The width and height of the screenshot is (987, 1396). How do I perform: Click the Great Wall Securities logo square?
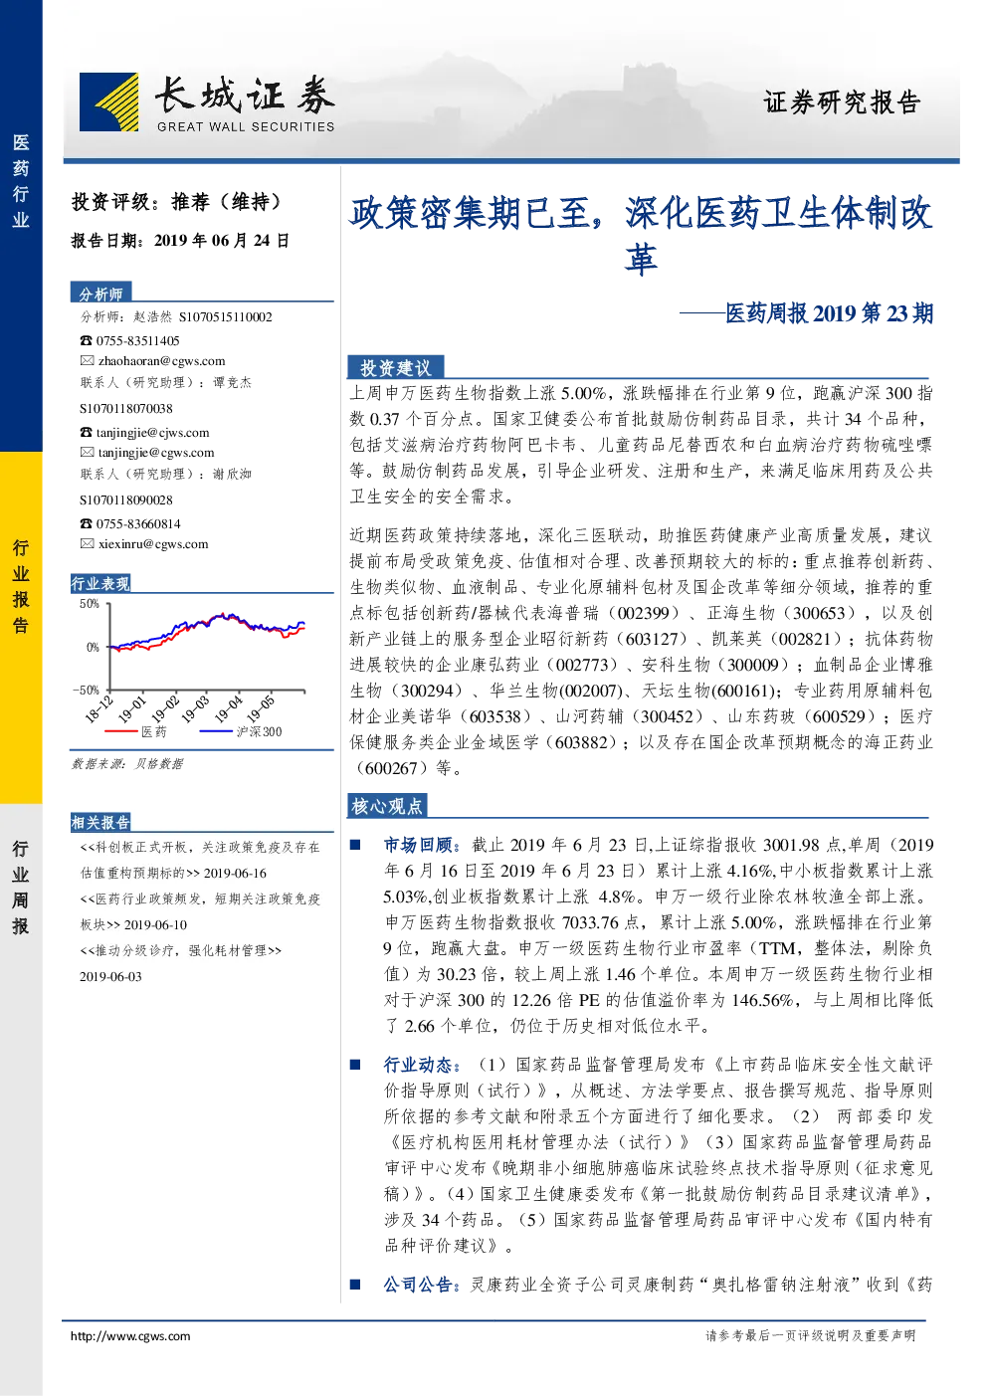click(x=108, y=101)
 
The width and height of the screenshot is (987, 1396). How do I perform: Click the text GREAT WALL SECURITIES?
click(x=246, y=126)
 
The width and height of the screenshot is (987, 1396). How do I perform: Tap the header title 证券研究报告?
click(x=841, y=102)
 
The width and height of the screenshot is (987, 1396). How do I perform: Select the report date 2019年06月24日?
click(x=221, y=241)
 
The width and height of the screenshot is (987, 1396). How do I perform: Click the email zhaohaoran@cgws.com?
click(x=161, y=361)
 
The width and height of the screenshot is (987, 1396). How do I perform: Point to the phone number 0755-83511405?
click(x=137, y=341)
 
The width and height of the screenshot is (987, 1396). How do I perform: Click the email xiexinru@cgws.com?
click(x=153, y=544)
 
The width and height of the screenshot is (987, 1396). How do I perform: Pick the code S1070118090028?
click(x=126, y=499)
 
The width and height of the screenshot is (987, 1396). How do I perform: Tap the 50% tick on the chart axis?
click(x=90, y=603)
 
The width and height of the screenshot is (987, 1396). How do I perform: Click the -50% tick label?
click(x=86, y=690)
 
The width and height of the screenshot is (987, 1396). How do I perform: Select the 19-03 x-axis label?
click(x=195, y=709)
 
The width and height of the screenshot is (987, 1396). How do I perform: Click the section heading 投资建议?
click(x=396, y=368)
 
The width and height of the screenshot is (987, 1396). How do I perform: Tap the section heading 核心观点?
click(x=387, y=806)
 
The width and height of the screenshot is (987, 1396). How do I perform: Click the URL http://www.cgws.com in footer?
click(x=130, y=1335)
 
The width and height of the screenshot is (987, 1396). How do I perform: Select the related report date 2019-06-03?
click(x=110, y=976)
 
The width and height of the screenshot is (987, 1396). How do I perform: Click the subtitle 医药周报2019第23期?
click(x=830, y=312)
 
